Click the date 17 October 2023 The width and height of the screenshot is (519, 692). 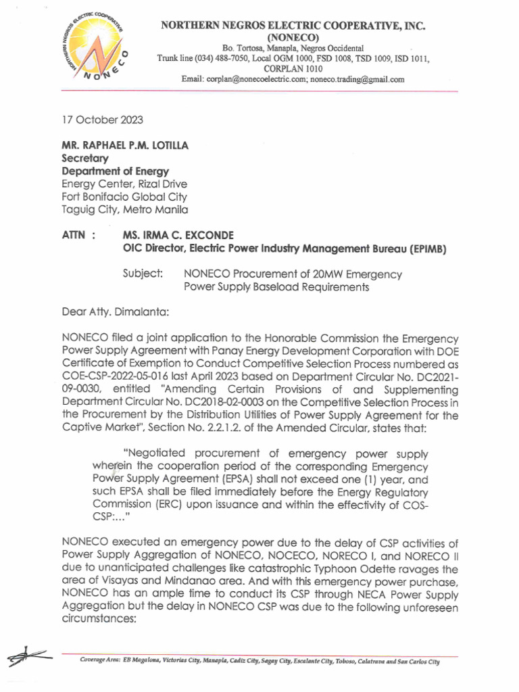(x=102, y=120)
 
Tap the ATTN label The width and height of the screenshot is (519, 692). (x=74, y=236)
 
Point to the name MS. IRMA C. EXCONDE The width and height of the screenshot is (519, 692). (x=178, y=236)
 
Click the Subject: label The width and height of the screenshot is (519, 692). (x=142, y=274)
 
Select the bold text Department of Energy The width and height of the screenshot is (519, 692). (x=115, y=172)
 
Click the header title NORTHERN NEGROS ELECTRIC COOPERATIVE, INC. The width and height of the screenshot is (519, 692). (x=292, y=26)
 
